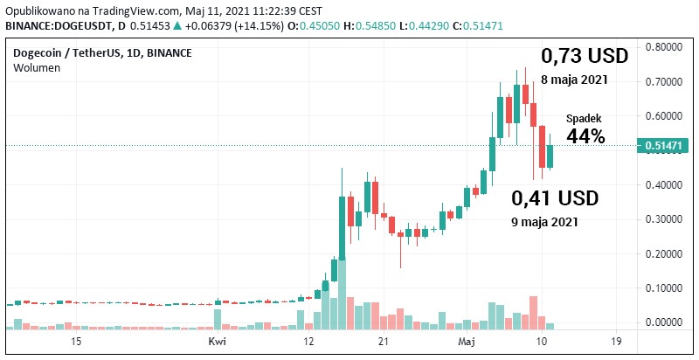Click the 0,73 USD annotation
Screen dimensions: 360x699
[x=584, y=56]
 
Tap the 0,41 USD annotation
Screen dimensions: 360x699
[x=555, y=198]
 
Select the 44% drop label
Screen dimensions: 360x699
[x=585, y=136]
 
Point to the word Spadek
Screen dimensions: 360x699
[x=584, y=118]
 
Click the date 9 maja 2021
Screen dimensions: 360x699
[x=544, y=222]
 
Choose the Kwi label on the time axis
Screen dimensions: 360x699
[x=218, y=342]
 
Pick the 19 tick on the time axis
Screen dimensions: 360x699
[x=617, y=342]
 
